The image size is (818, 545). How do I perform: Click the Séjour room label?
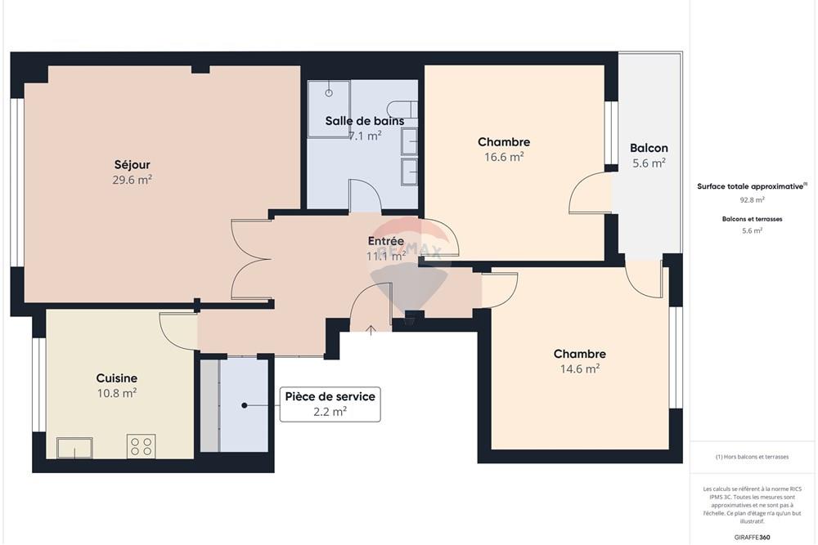[132, 164]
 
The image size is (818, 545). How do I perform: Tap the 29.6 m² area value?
[132, 180]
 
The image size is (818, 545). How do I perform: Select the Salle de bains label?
[364, 121]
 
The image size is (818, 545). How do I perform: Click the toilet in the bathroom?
[402, 110]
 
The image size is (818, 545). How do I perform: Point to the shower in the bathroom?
[329, 108]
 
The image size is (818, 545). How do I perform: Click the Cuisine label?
[116, 378]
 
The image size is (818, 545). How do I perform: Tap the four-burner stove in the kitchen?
[141, 447]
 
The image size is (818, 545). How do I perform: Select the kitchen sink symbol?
[74, 448]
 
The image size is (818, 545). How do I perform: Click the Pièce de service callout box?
[330, 404]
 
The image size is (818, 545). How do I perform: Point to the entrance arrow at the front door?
[371, 329]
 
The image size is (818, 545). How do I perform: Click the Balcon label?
[649, 148]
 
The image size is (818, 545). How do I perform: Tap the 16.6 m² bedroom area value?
[504, 158]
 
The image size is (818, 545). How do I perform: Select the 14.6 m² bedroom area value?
[579, 369]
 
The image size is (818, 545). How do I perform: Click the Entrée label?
[385, 242]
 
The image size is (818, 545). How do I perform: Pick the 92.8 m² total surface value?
[752, 199]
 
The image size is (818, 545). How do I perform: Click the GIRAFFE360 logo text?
[753, 537]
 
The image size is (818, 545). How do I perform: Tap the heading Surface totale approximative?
[751, 186]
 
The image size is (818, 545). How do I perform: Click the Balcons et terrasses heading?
[752, 219]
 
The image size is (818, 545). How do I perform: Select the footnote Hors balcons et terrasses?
[752, 457]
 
